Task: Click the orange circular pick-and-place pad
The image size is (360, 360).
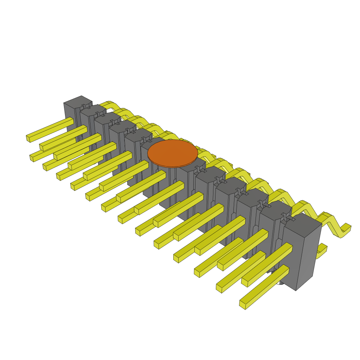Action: (x=172, y=153)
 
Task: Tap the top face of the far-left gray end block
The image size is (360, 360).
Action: (x=78, y=100)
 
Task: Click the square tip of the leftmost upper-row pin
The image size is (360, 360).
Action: (x=28, y=139)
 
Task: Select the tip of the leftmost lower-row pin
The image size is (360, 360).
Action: (x=32, y=158)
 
